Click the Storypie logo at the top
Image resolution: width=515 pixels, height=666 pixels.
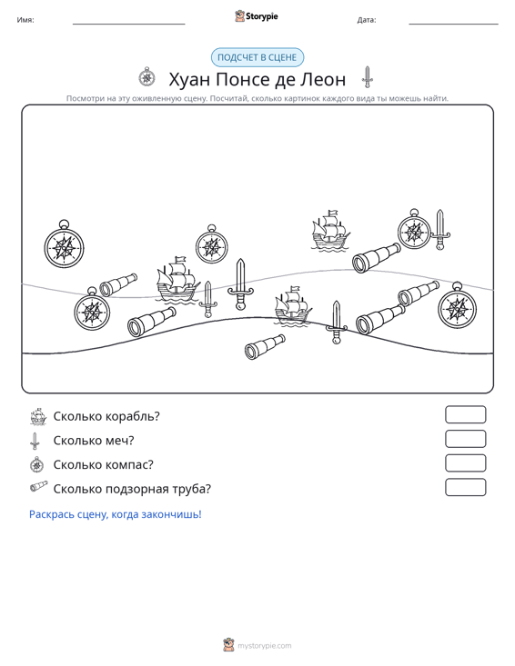257,16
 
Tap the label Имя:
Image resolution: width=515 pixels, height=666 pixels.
25,20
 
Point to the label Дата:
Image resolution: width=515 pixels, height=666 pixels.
367,20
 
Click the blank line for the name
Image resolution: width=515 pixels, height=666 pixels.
129,24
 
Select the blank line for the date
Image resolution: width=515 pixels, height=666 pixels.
453,24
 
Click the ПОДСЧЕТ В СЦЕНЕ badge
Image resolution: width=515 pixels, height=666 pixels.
257,58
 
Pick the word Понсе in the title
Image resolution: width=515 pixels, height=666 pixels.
241,79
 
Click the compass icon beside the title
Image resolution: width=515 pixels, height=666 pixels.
147,77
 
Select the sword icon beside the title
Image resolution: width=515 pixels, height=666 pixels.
367,77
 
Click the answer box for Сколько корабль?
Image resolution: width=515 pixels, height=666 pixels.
466,414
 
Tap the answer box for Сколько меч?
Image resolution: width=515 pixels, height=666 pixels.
466,439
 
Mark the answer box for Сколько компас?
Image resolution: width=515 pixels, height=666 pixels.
466,463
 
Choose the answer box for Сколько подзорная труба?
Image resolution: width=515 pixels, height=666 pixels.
466,487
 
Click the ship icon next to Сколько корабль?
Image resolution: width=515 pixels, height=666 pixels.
38,417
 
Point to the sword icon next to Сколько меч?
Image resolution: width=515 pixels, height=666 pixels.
35,441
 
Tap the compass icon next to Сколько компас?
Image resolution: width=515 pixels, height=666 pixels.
37,464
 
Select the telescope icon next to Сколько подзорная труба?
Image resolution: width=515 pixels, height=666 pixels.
39,487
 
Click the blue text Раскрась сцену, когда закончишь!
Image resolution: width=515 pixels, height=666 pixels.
116,514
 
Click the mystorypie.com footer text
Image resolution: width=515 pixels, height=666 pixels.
265,646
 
